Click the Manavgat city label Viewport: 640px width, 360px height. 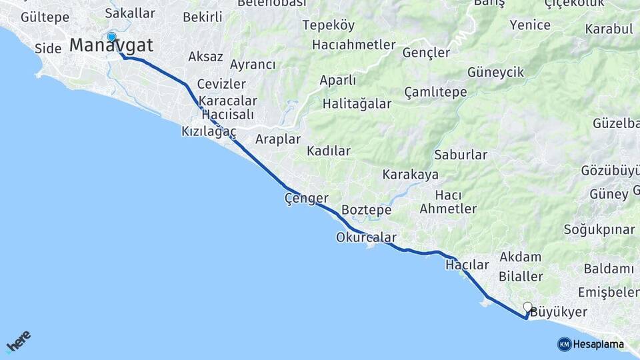pyautogui.click(x=111, y=46)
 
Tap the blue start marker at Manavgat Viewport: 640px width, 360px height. pyautogui.click(x=111, y=37)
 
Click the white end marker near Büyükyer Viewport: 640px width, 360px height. pyautogui.click(x=527, y=307)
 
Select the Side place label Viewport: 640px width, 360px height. pyautogui.click(x=48, y=48)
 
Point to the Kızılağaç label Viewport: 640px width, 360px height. pyautogui.click(x=209, y=132)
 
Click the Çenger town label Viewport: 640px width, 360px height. pyautogui.click(x=306, y=198)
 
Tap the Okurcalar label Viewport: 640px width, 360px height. pyautogui.click(x=366, y=237)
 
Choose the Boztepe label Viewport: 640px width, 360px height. pyautogui.click(x=366, y=210)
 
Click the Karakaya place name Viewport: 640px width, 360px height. pyautogui.click(x=410, y=175)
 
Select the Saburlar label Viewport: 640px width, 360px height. pyautogui.click(x=461, y=155)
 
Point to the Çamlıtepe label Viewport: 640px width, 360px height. pyautogui.click(x=435, y=92)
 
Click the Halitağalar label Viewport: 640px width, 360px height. pyautogui.click(x=356, y=104)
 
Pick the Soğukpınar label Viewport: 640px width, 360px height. pyautogui.click(x=599, y=230)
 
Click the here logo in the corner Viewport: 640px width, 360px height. pyautogui.click(x=19, y=341)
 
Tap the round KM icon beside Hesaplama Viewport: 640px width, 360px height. pyautogui.click(x=564, y=344)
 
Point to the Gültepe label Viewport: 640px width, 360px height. pyautogui.click(x=45, y=17)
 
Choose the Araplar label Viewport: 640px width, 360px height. pyautogui.click(x=278, y=139)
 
